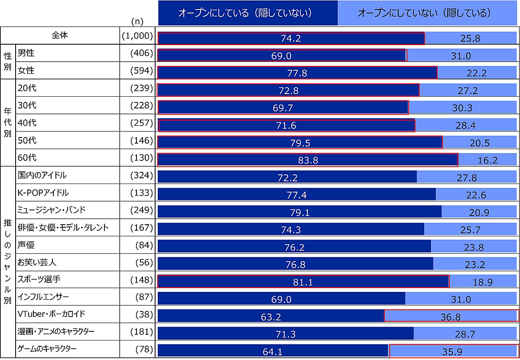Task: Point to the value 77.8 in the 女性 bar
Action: (x=297, y=73)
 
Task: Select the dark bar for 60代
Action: (x=308, y=160)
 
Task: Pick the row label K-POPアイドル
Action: (x=43, y=193)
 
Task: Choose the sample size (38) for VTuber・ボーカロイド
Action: (x=144, y=314)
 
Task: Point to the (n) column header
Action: (x=136, y=21)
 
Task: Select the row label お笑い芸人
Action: (x=37, y=262)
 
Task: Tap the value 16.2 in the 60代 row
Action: (x=488, y=160)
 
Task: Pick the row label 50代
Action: (x=27, y=140)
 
